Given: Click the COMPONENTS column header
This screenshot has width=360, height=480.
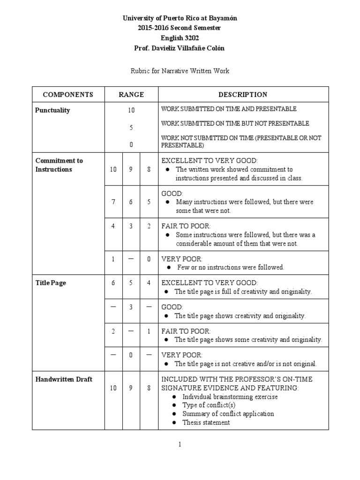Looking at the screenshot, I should tap(68, 95).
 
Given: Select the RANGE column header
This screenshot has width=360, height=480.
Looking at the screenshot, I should tap(131, 95).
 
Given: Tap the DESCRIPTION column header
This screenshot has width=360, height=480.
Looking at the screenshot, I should tap(243, 95).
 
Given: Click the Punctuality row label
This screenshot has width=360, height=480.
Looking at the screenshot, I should tap(52, 111).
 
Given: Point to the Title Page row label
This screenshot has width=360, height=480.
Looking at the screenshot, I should tap(51, 283).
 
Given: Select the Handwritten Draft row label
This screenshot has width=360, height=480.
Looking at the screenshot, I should tap(64, 379).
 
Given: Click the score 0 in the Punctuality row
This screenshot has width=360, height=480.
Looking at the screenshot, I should tap(131, 145).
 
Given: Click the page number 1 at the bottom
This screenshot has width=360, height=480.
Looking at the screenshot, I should tap(180, 445).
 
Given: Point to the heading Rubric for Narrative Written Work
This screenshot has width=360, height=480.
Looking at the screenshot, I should tap(180, 71).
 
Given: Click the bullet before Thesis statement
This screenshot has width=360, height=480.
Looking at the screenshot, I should tap(174, 422).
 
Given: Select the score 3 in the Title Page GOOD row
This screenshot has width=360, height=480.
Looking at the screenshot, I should tap(131, 307).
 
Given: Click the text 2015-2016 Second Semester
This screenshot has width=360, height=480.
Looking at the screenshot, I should tap(180, 28).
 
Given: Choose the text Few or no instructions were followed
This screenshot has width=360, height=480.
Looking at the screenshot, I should tap(231, 267).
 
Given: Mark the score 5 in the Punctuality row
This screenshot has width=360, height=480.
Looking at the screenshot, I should tap(131, 127).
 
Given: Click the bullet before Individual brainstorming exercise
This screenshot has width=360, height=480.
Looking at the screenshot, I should tap(174, 397).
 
